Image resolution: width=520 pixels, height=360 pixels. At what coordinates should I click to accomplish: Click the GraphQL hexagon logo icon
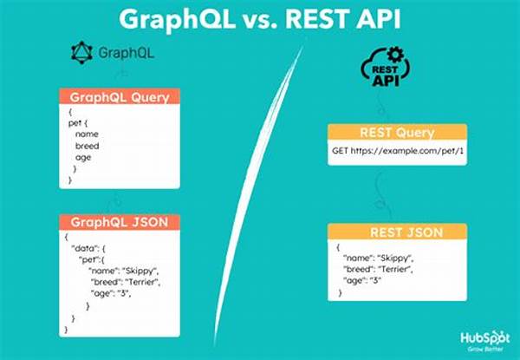81,52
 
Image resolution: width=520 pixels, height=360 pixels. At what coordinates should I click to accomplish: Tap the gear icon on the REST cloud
396,55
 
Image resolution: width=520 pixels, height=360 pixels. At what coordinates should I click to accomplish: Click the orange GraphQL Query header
120,97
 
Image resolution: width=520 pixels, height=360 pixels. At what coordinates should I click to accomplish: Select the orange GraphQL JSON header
120,222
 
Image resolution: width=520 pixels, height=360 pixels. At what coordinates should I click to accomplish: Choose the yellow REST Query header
397,133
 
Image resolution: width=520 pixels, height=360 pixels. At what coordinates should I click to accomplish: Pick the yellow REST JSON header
397,232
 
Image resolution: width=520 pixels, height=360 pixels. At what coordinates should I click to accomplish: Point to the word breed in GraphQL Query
87,146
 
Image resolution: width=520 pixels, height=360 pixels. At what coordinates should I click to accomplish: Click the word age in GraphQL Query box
83,158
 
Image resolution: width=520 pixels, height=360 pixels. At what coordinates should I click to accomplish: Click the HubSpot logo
484,341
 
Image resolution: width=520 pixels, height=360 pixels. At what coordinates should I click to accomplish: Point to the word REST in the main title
316,19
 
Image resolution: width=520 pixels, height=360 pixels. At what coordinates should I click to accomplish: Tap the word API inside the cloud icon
386,80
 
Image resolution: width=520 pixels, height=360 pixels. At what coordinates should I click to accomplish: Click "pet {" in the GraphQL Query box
78,123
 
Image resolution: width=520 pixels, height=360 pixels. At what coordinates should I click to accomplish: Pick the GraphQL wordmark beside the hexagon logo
127,53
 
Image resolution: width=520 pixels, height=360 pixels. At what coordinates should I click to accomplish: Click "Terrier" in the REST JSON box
395,269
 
